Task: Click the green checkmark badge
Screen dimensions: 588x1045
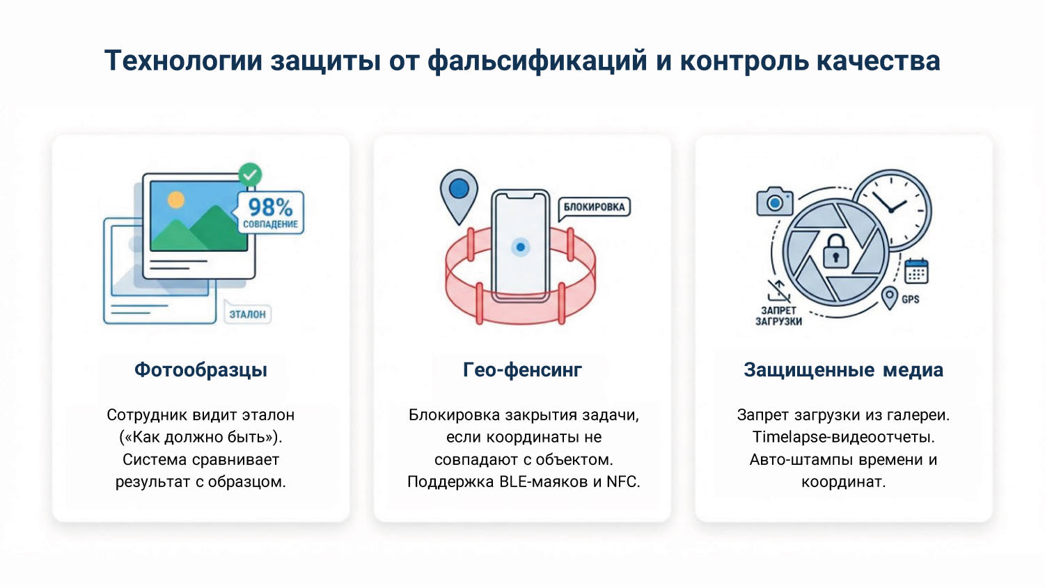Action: tap(250, 173)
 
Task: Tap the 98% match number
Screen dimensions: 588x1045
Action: tap(270, 207)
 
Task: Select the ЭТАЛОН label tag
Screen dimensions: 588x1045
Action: tap(248, 315)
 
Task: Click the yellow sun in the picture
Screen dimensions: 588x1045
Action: tap(176, 200)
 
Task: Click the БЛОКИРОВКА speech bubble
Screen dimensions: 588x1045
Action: tap(594, 207)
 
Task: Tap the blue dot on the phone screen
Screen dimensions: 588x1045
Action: tap(520, 247)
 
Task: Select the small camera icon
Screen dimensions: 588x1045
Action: tap(775, 202)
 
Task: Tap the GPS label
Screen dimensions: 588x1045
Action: tap(910, 299)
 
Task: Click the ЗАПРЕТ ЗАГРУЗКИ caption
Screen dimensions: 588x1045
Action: tap(778, 316)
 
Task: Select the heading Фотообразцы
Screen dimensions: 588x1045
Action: tap(201, 370)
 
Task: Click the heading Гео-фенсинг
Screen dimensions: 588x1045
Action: tap(522, 370)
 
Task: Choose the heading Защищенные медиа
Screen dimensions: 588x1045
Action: tap(843, 370)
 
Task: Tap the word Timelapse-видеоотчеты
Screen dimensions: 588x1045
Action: tap(843, 437)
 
